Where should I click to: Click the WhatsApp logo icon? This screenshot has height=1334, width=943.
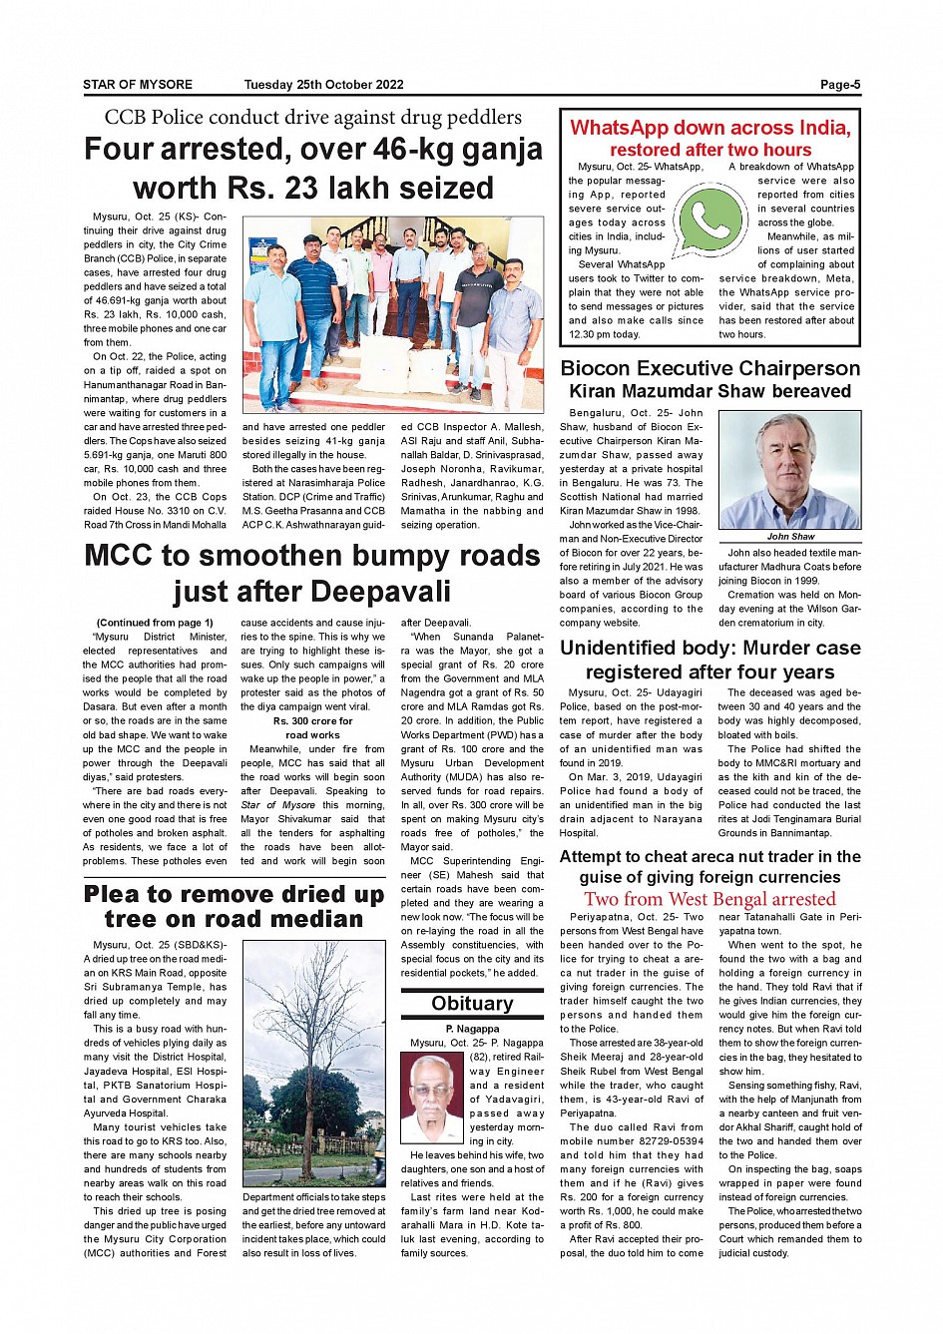[x=709, y=219]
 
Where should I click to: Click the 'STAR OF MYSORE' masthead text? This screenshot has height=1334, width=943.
[x=138, y=85]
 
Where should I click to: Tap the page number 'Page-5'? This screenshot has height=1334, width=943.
[x=840, y=85]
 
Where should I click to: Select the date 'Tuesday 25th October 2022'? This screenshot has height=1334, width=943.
[x=323, y=85]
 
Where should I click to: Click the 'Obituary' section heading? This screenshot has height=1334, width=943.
[x=472, y=1004]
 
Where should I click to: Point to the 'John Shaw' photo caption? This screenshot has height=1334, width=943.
[x=790, y=536]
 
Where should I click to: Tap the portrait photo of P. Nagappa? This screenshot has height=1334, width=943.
[x=437, y=1098]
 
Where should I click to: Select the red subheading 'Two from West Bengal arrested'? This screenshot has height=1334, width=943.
[x=709, y=898]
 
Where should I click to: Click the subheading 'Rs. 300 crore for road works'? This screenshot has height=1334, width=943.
[x=312, y=727]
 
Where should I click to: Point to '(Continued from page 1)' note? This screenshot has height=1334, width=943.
[x=155, y=623]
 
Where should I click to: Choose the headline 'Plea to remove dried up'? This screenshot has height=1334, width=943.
[x=234, y=894]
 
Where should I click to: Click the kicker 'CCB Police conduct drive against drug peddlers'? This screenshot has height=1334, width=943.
[x=312, y=118]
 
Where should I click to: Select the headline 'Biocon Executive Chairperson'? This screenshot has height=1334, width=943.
[x=709, y=368]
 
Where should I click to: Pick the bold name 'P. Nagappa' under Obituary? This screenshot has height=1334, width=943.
[x=472, y=1029]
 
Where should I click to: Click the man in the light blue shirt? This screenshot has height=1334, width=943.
[x=274, y=299]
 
